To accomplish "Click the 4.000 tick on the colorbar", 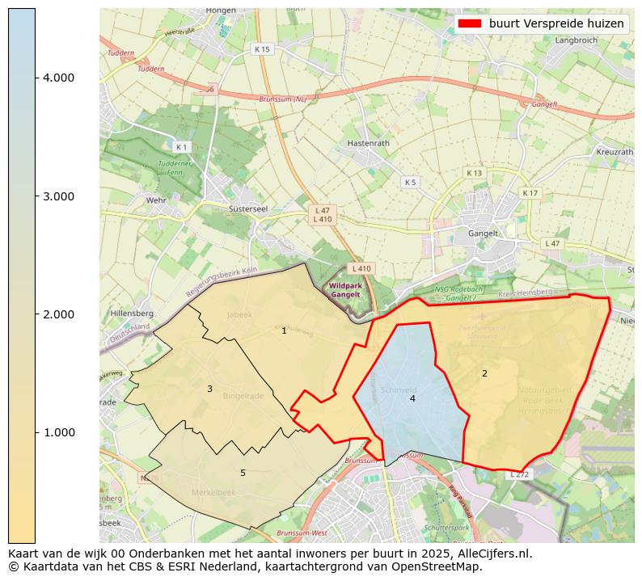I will pos(58,78).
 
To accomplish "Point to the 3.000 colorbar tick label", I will pos(58,196).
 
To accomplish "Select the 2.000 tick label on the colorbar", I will pos(58,314).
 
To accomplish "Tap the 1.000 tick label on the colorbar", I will pos(58,432).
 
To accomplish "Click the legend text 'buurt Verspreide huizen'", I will pos(556,24).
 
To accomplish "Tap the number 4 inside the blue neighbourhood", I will pos(412,398).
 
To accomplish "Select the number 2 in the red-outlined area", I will pos(484,373).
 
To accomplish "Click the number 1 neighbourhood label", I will pos(284,330).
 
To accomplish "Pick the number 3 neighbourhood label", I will pos(209,389).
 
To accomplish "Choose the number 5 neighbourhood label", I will pos(243,473).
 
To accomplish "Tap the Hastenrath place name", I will pos(368,143).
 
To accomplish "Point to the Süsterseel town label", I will pos(248,208).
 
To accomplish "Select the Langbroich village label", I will pos(576,40).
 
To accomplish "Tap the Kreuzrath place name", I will pos(615,152).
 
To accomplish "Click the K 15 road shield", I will pos(262,49).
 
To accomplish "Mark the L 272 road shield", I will pos(519,474).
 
